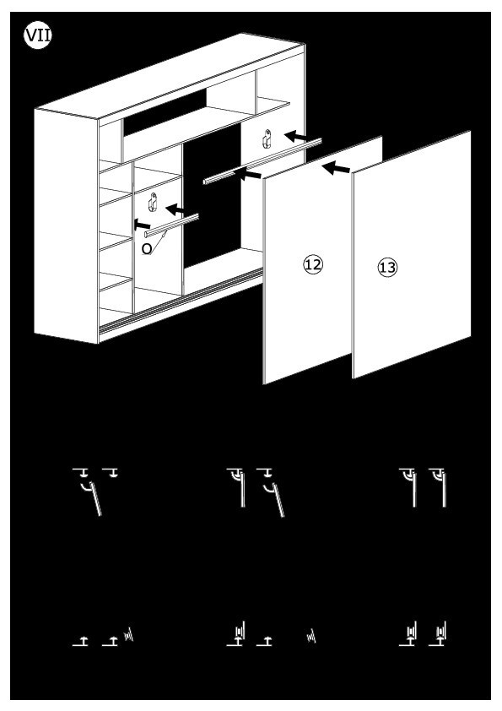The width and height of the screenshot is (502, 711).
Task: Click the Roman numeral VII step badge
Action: tap(38, 35)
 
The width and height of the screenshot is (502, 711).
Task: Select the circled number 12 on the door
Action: tap(313, 264)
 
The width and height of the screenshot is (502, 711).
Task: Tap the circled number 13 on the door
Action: tap(387, 267)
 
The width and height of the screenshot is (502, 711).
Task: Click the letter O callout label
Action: tap(146, 249)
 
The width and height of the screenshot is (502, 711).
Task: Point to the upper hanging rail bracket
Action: tap(267, 138)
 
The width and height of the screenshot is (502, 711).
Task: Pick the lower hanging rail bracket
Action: tap(153, 202)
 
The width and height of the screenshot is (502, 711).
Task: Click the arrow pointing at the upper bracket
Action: tap(296, 136)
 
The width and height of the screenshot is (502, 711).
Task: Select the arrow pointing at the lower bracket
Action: tap(175, 209)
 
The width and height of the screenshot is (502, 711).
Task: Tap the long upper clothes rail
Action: tap(262, 161)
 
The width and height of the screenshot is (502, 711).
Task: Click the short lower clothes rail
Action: tap(171, 225)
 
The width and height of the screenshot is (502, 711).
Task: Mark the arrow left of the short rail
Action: tap(142, 224)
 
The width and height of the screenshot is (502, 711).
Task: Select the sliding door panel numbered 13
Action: tap(412, 254)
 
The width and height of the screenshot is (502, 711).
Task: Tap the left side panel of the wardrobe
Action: tap(66, 225)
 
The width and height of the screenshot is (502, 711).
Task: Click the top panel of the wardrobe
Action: tap(170, 75)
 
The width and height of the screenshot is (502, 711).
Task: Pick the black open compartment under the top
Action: tap(165, 111)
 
